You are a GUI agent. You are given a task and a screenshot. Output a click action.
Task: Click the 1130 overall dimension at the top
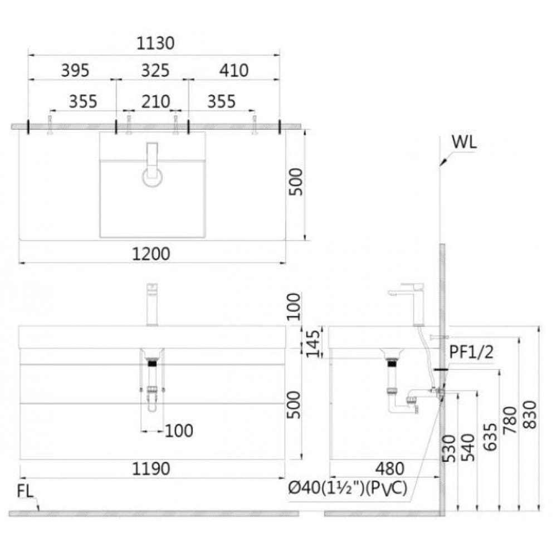click(x=154, y=43)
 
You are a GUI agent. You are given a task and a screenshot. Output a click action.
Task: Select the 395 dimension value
click(x=75, y=71)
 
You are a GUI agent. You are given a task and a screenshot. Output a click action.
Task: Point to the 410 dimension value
click(x=234, y=71)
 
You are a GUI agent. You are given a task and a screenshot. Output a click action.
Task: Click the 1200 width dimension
click(x=152, y=254)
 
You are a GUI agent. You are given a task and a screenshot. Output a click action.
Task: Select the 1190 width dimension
click(x=152, y=469)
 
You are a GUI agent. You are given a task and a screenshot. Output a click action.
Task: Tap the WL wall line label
click(x=463, y=142)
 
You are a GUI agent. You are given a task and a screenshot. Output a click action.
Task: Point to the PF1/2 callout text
click(x=471, y=352)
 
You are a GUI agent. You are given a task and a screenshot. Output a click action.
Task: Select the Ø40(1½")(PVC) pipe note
click(x=348, y=488)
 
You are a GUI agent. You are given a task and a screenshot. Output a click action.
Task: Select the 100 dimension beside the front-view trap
click(x=179, y=431)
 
